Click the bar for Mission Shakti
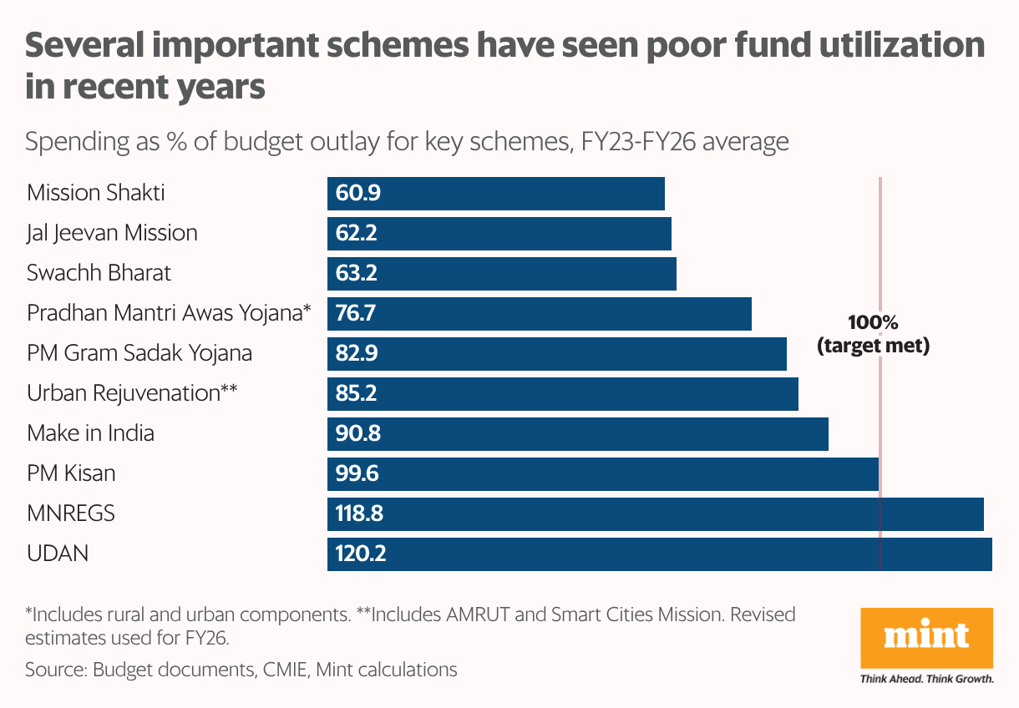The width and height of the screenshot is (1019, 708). [495, 194]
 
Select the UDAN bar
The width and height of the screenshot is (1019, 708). [659, 554]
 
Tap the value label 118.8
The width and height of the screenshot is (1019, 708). [359, 514]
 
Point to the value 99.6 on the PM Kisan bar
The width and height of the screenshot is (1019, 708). [357, 474]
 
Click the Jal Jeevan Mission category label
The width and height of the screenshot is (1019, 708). [112, 233]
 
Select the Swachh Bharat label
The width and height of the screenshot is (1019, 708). [99, 273]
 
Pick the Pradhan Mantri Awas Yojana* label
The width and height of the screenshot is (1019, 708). [169, 313]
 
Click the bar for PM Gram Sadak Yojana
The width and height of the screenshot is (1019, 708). [556, 354]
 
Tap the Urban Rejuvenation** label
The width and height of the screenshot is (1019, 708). [133, 393]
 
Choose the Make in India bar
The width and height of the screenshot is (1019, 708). [577, 434]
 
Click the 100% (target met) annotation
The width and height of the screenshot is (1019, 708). [873, 334]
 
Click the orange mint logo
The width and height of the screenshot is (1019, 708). [926, 638]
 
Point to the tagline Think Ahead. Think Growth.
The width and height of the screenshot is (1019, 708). [926, 680]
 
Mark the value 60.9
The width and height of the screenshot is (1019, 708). [357, 194]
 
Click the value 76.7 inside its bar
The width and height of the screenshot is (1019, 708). [357, 314]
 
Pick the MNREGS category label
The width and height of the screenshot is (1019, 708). [71, 513]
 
